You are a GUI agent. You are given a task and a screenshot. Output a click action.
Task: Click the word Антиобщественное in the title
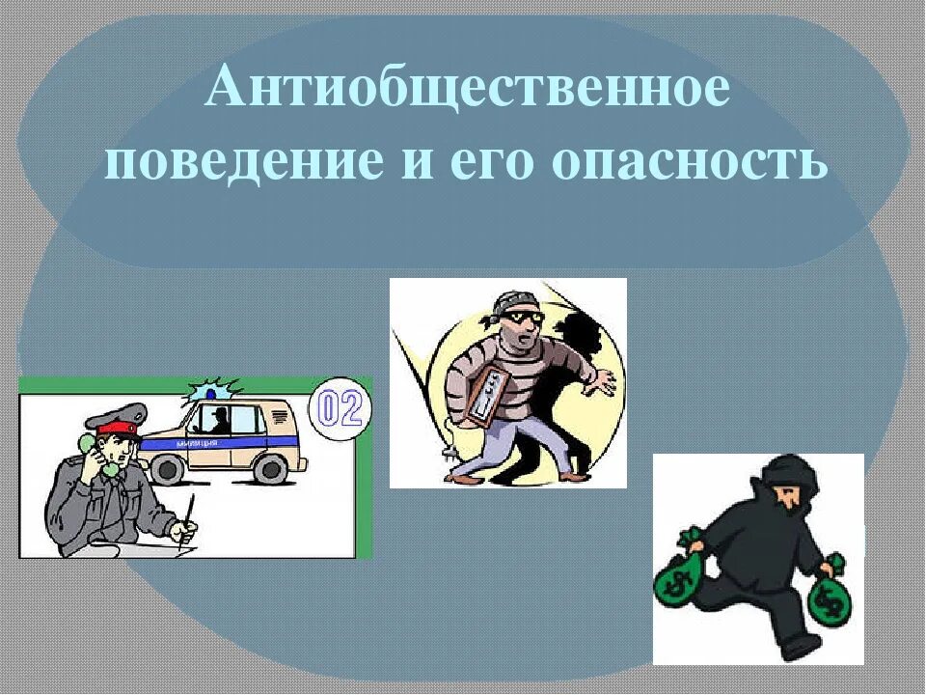pos(466,89)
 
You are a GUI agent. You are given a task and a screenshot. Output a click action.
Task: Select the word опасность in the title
pos(691,161)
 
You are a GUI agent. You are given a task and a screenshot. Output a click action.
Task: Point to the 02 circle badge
pos(340,409)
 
